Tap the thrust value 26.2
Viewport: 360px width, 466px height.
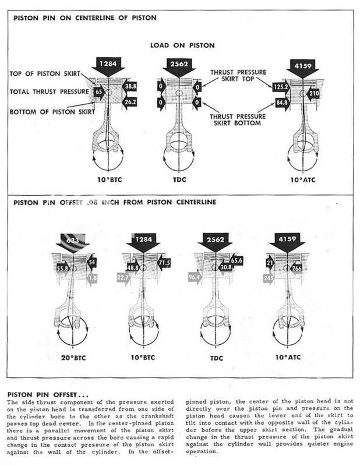[x=129, y=101]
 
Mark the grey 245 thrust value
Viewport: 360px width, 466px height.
[x=269, y=278]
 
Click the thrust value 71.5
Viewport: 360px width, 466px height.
[x=164, y=263]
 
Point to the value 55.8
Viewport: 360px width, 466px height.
[x=63, y=269]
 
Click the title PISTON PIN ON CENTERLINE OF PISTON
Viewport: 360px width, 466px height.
[x=85, y=18]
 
